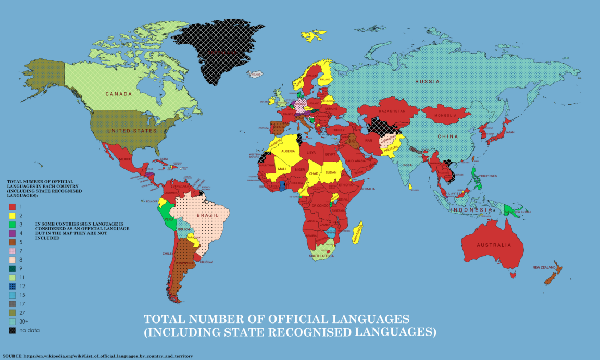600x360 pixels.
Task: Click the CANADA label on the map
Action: tap(119, 94)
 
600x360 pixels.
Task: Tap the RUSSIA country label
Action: tap(427, 82)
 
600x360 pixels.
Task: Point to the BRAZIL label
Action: tap(206, 215)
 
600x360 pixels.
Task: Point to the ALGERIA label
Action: tap(288, 151)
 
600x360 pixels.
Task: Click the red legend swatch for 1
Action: tap(12, 207)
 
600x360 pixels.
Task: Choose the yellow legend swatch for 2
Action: tap(12, 216)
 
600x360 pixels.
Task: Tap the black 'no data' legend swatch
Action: tap(12, 330)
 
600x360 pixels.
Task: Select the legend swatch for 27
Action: tap(12, 313)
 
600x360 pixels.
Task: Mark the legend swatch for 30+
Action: tap(12, 321)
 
